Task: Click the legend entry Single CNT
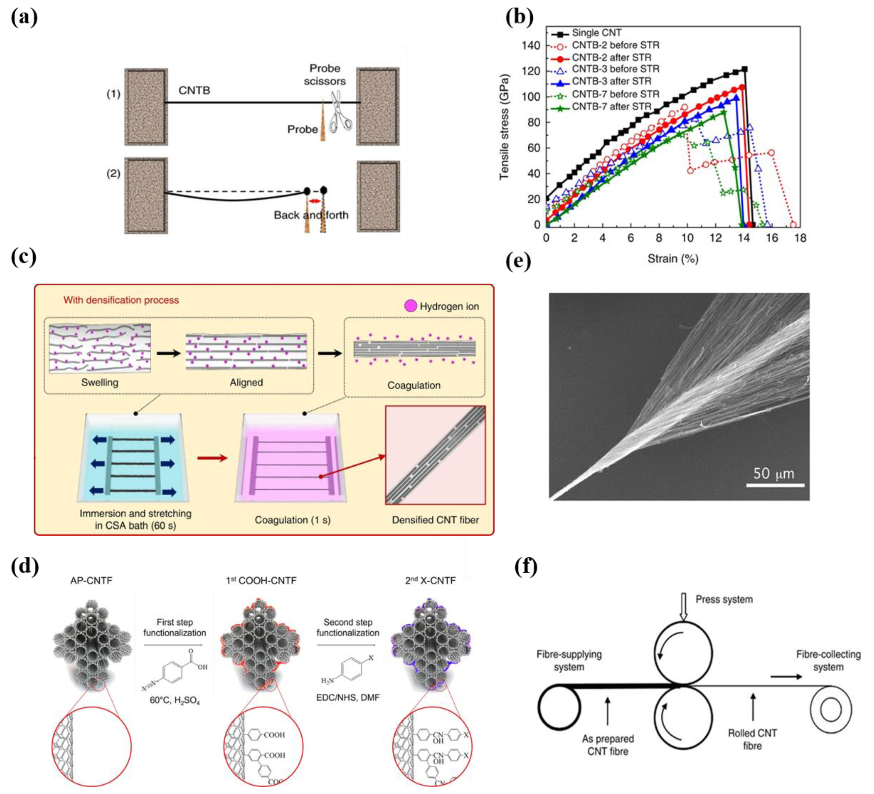597,33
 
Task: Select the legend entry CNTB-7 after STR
611,107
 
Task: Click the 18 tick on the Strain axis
800,238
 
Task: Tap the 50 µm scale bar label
774,473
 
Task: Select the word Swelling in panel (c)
100,383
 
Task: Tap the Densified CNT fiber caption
435,520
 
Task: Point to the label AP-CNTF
91,581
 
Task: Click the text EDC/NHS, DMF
348,698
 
